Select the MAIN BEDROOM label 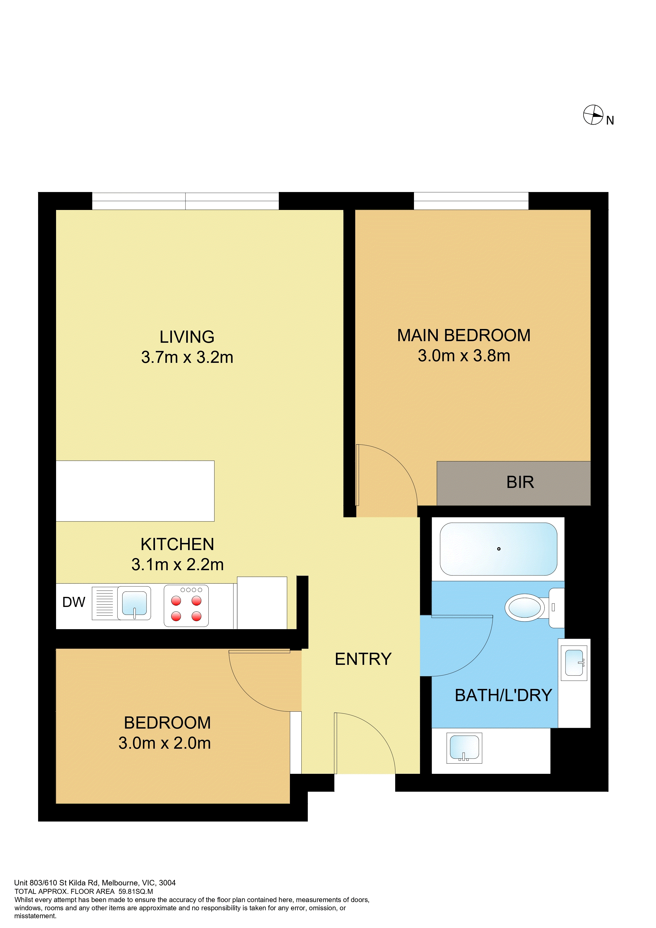(464, 335)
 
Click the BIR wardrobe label (520, 482)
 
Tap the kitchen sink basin (134, 603)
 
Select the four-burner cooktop (186, 605)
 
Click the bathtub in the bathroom (498, 549)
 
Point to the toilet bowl (525, 607)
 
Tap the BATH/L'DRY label (503, 695)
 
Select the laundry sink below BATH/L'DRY (464, 748)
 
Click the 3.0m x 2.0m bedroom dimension (165, 743)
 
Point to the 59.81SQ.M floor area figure (135, 891)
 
